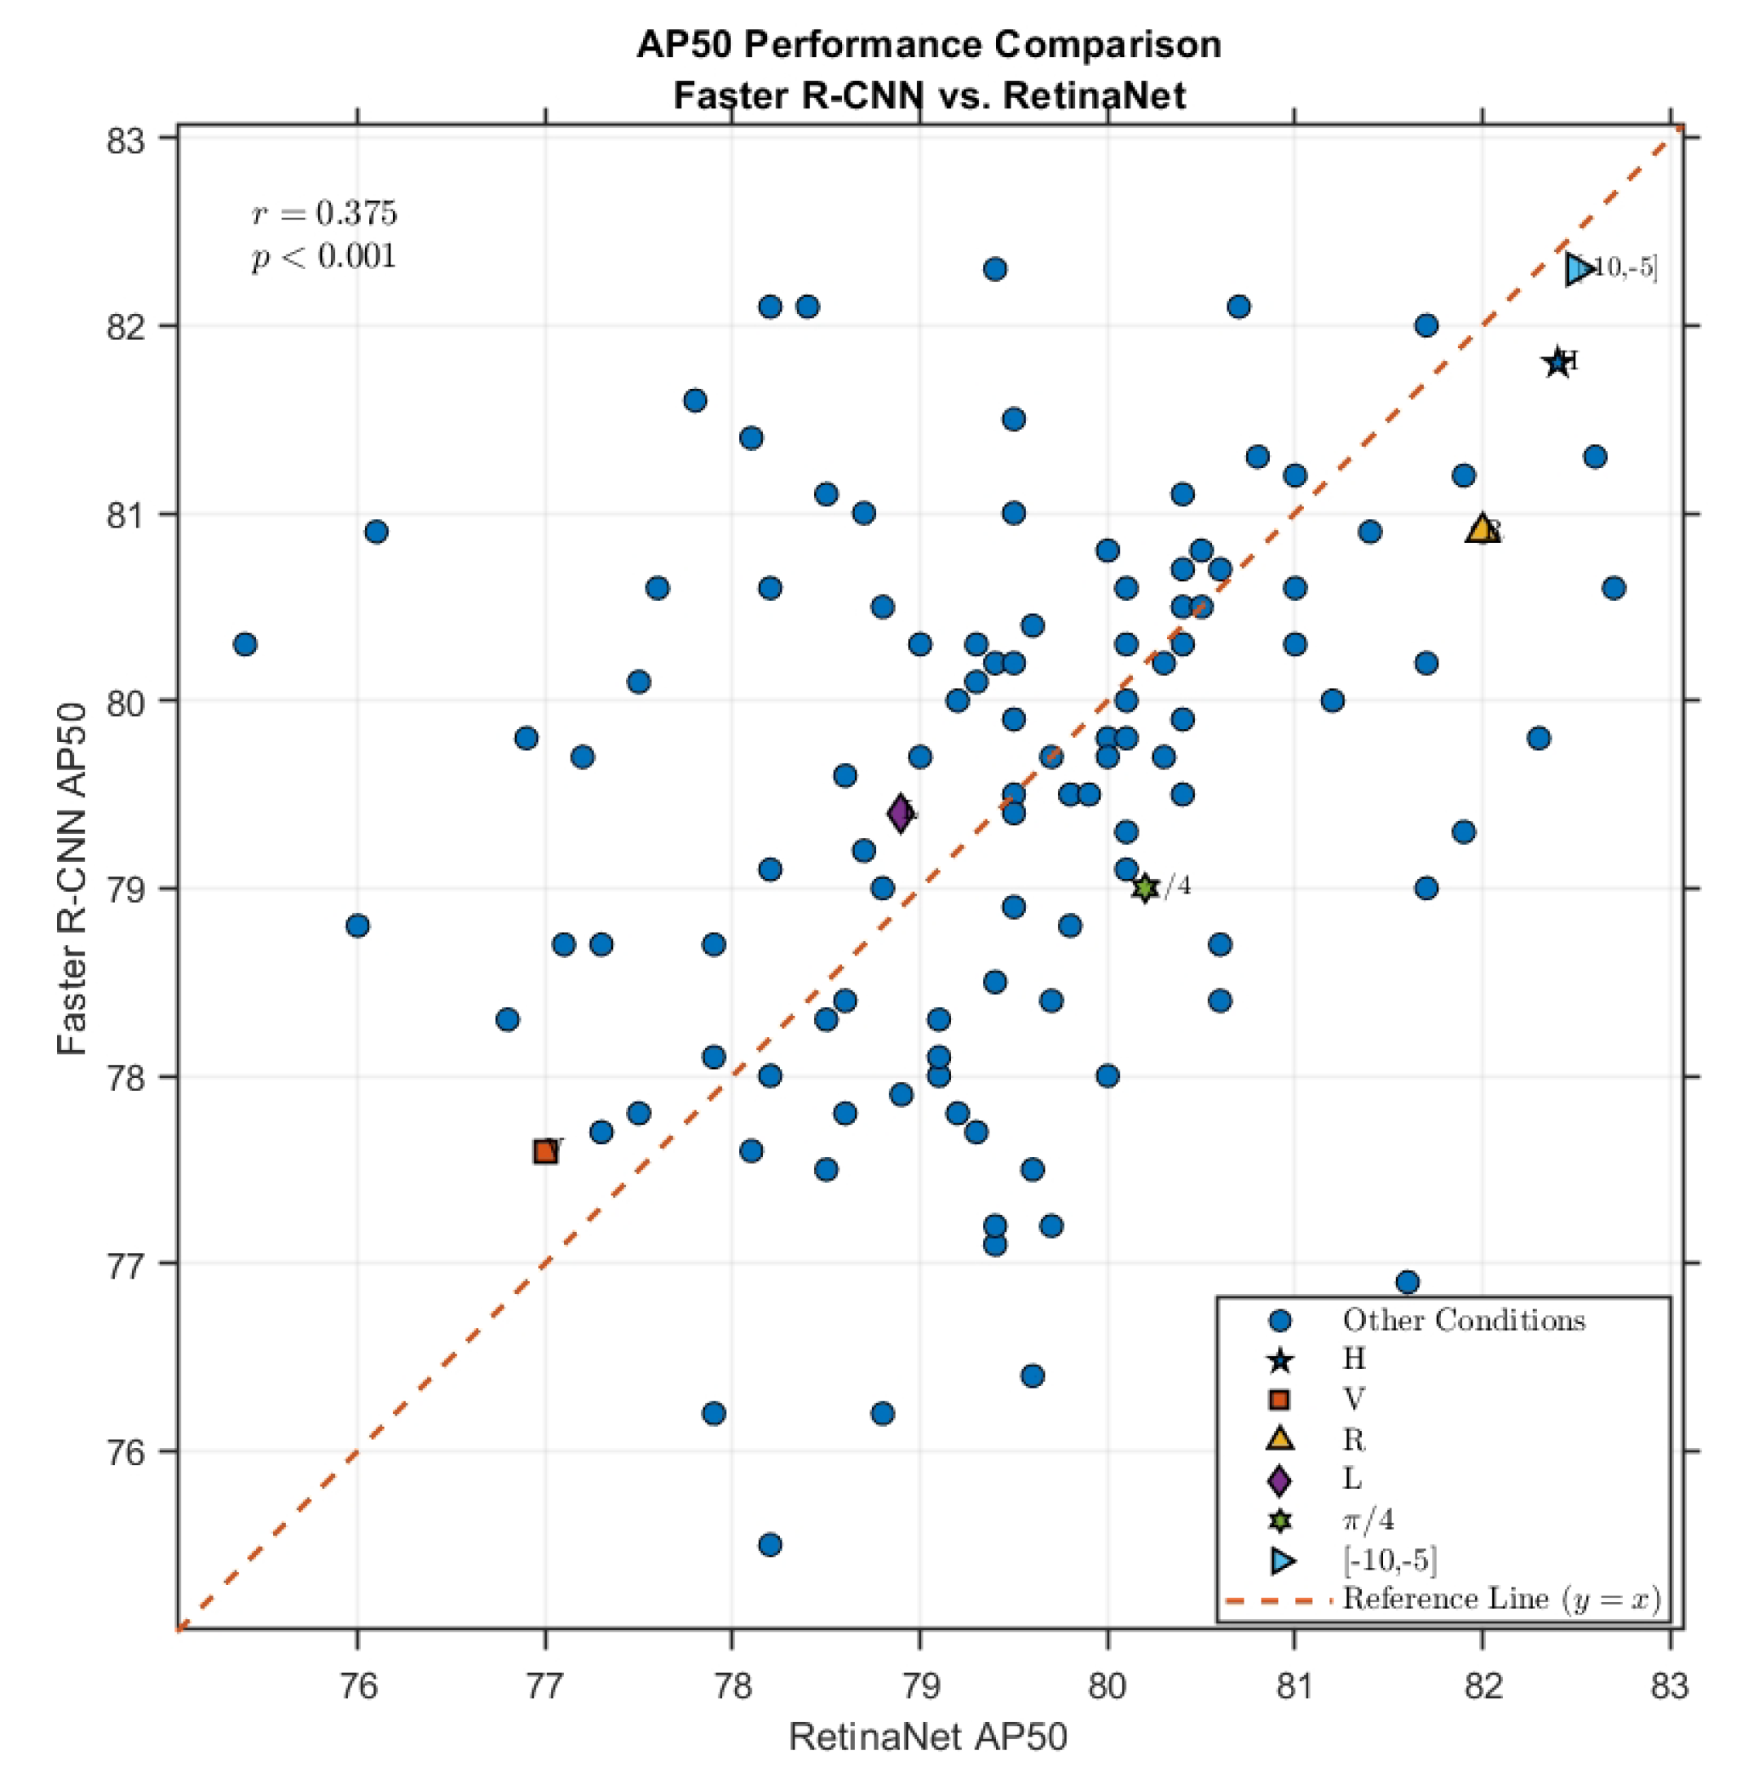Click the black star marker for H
click(1557, 362)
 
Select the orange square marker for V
click(545, 1151)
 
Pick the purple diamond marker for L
click(901, 813)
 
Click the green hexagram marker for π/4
click(1144, 887)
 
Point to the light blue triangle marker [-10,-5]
click(1579, 269)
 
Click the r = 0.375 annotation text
click(324, 213)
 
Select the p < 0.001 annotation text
click(324, 256)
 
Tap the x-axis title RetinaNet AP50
click(927, 1737)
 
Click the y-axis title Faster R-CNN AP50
click(72, 879)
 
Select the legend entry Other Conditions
click(1462, 1320)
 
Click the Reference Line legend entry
click(1501, 1600)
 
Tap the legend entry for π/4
click(1368, 1520)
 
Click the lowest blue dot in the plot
click(770, 1544)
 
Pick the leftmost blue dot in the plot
click(245, 644)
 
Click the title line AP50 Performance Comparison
click(928, 44)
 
